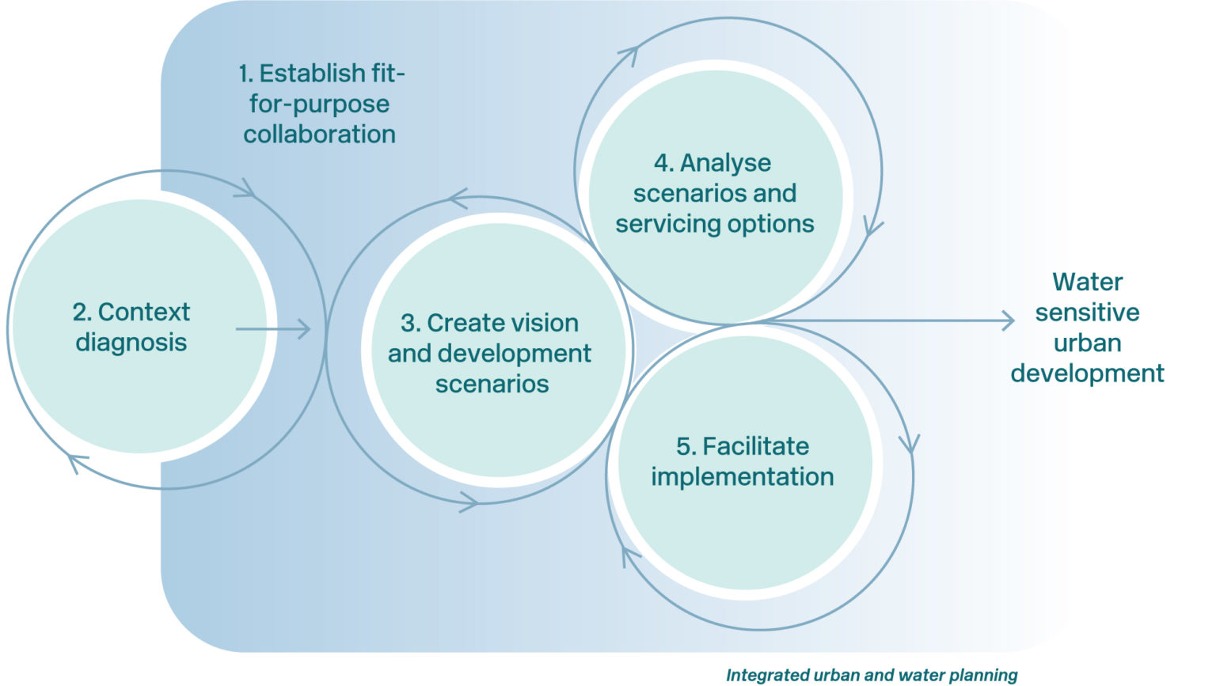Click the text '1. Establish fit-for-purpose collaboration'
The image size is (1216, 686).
(x=321, y=104)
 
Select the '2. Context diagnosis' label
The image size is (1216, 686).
(x=131, y=327)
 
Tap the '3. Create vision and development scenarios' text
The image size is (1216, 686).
(x=490, y=353)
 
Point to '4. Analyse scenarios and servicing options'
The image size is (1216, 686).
(x=714, y=193)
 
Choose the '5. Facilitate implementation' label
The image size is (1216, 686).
(x=743, y=461)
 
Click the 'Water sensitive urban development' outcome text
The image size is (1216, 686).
(x=1087, y=327)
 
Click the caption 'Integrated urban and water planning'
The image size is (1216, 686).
(x=872, y=675)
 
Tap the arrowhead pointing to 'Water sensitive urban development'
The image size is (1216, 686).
(x=1008, y=320)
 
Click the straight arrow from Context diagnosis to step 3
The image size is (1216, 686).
(x=273, y=329)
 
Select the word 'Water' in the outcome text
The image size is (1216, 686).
(x=1087, y=282)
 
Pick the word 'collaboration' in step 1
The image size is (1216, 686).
(x=319, y=135)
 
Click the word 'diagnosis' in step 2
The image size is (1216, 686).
(x=131, y=343)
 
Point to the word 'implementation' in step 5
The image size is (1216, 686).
(x=743, y=477)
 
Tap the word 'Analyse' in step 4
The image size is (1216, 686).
(x=725, y=163)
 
